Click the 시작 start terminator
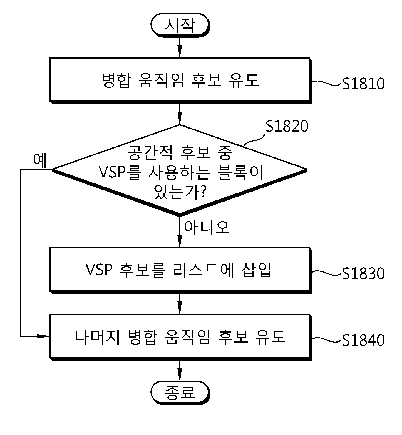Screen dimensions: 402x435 point(180,25)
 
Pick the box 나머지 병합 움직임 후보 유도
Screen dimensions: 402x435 point(180,337)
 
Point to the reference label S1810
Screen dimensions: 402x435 point(363,84)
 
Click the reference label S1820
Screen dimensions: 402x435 point(287,126)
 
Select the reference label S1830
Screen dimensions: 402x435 point(363,273)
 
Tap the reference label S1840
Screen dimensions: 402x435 point(363,340)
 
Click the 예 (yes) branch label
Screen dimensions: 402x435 point(40,160)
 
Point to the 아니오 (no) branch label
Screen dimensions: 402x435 point(207,227)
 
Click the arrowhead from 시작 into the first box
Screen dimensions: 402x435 point(180,52)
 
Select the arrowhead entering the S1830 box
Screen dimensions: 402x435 point(180,242)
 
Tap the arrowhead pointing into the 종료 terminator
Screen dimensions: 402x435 point(180,375)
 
